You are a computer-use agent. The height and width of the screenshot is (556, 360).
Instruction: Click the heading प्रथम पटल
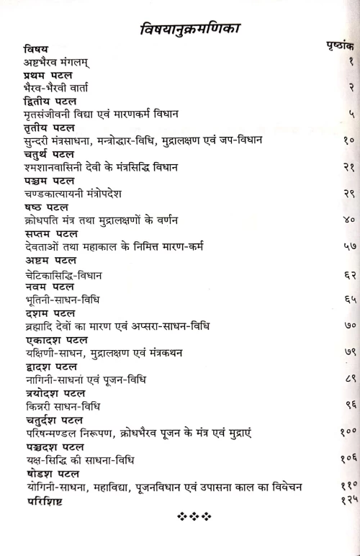tap(49, 76)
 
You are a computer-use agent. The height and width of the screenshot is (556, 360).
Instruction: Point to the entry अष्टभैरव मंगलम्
tap(64, 63)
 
